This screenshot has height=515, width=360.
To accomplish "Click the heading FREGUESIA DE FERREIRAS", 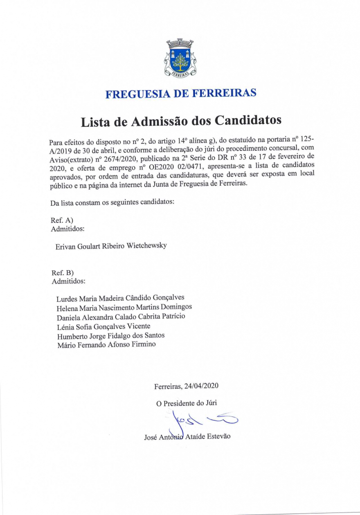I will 181,94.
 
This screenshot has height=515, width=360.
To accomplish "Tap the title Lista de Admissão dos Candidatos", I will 181,121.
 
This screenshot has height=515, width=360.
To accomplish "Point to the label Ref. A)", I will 62,220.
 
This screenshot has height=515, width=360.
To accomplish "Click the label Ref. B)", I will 63,273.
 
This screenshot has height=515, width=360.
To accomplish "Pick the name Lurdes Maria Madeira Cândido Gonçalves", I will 120,298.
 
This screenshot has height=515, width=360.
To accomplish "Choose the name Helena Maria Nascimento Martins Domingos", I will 124,307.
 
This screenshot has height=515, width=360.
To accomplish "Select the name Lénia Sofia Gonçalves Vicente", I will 103,326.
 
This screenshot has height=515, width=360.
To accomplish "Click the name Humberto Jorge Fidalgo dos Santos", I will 111,335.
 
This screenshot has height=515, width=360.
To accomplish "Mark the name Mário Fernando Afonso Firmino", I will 106,345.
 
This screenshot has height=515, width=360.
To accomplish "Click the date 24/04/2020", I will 201,386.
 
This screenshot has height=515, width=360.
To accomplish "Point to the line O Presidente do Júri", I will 187,403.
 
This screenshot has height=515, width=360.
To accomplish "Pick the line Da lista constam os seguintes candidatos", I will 112,203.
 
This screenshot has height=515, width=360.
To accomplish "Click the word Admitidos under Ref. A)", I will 68,229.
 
